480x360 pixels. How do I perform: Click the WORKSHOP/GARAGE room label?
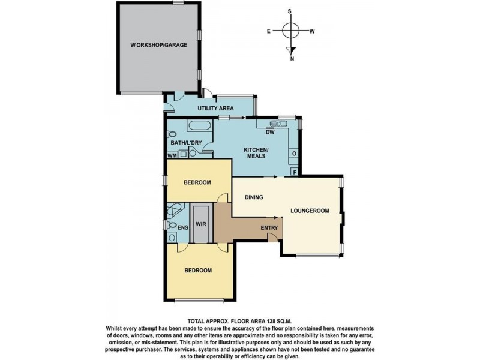pos(159,45)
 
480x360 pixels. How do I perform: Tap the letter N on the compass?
pos(292,59)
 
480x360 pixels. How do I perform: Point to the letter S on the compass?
pos(290,11)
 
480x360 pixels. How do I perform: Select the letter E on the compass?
pos(269,31)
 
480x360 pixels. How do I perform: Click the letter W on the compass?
pos(312,31)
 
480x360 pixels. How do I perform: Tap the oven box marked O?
pos(294,154)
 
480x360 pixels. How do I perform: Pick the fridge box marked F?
pos(294,172)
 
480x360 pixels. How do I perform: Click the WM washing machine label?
pos(172,155)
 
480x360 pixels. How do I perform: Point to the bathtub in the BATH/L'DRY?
pos(199,127)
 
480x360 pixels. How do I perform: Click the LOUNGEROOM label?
pos(310,211)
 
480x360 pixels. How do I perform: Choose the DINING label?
pos(254,197)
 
